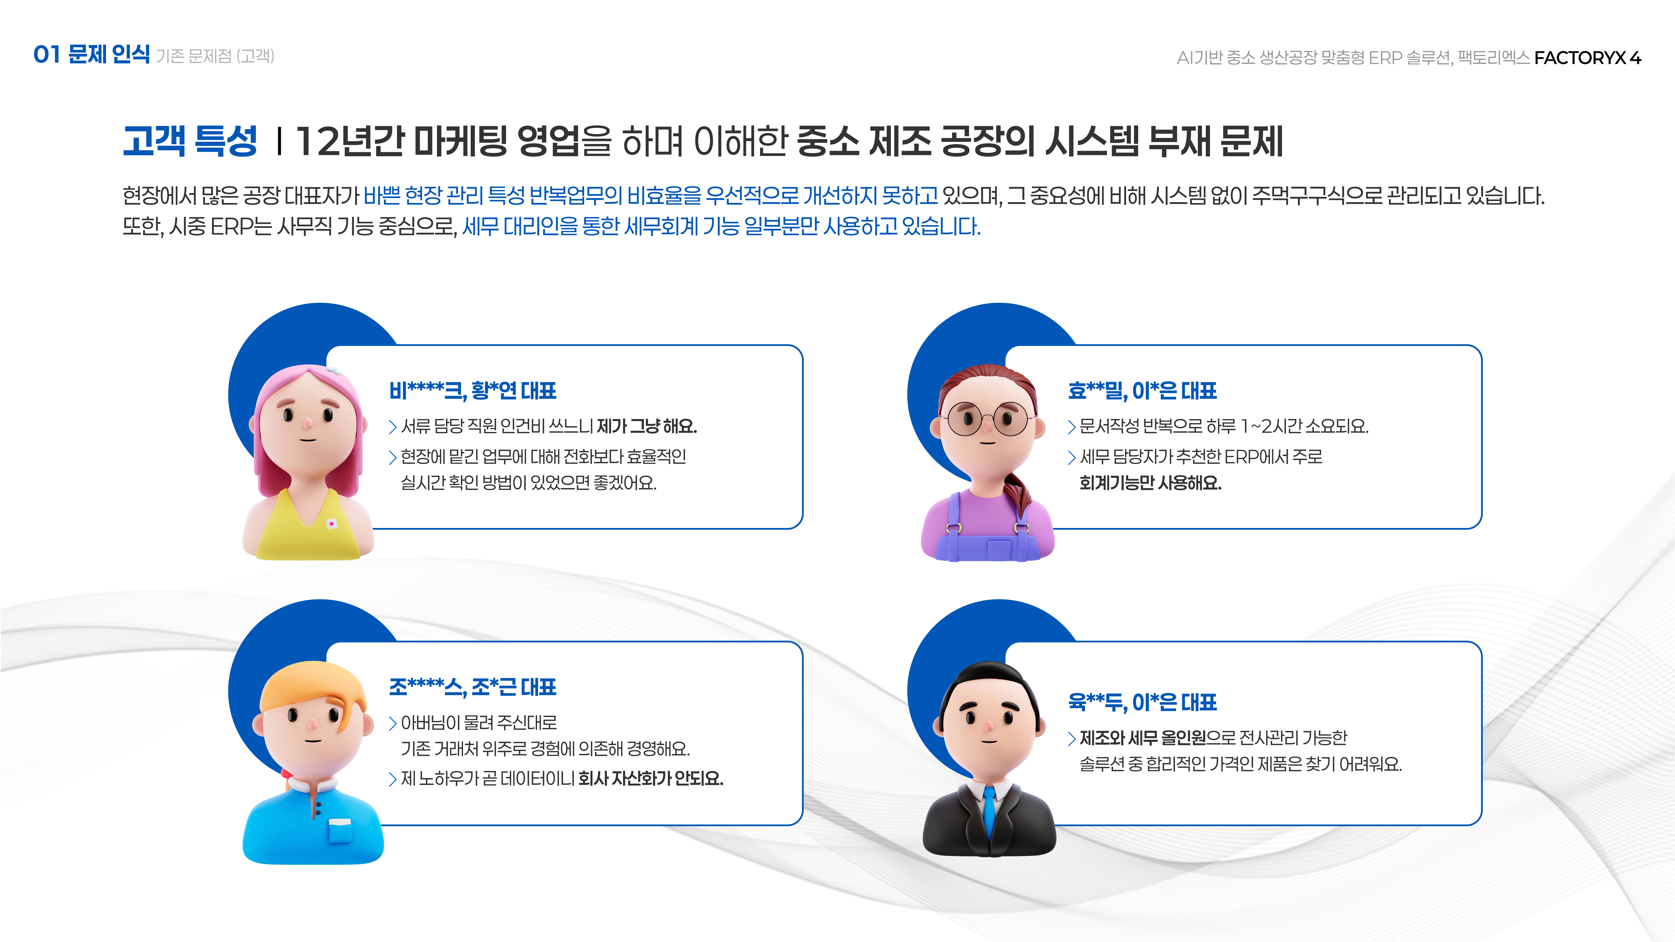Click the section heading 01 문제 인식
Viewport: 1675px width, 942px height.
(x=92, y=55)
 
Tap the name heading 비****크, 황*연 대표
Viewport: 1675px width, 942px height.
(x=473, y=391)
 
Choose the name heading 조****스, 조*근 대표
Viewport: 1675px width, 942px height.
(x=473, y=687)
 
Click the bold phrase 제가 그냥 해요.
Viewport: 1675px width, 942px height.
(x=646, y=427)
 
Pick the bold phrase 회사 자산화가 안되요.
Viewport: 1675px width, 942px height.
(x=650, y=778)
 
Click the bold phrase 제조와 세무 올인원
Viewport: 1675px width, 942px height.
(x=1143, y=738)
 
